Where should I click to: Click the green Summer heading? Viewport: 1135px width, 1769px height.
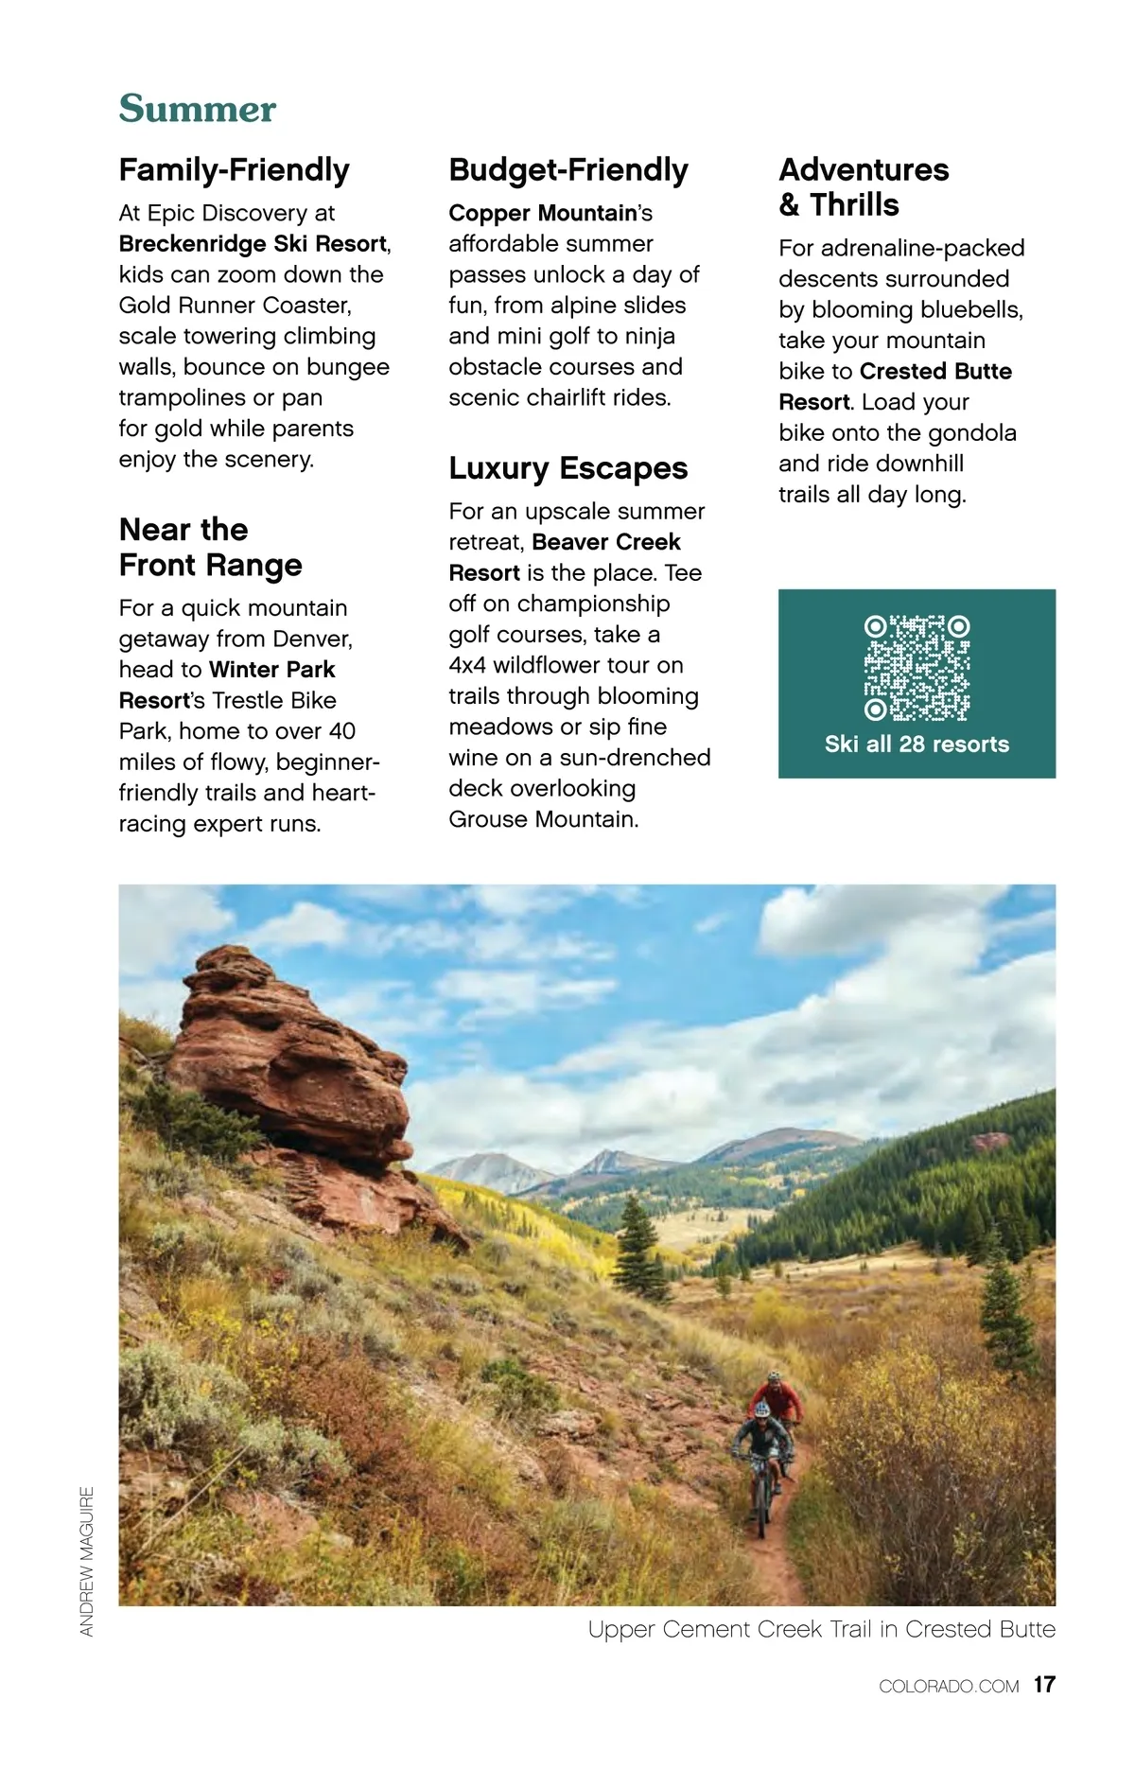click(197, 109)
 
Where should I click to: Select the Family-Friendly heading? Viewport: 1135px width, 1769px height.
click(234, 170)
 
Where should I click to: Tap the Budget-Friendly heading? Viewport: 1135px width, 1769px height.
click(567, 170)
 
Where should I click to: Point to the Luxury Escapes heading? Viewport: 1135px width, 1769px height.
click(567, 468)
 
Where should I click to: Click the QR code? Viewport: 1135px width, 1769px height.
click(917, 668)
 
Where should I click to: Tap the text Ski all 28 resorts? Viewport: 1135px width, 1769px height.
click(917, 744)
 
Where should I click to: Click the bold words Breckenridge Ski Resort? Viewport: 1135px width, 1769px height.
click(253, 244)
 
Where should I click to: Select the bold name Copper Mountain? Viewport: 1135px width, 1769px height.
click(543, 214)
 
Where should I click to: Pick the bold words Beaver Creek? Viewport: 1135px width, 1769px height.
click(606, 542)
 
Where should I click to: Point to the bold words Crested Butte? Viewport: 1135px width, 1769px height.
click(935, 372)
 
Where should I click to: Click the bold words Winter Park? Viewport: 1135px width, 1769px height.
click(272, 670)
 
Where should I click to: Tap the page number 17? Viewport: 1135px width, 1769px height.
click(1044, 1685)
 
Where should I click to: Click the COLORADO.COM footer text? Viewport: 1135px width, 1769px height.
click(949, 1686)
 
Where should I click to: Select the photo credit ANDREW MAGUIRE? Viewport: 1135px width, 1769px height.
click(87, 1561)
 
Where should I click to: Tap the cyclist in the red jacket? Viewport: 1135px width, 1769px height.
click(777, 1398)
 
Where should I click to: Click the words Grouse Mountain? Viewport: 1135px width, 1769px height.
click(543, 819)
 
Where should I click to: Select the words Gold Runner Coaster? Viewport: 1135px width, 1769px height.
click(235, 306)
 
